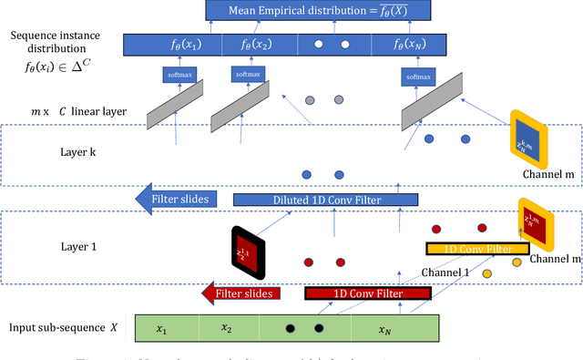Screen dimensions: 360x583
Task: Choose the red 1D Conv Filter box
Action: [366, 268]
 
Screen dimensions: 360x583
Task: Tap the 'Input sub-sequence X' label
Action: [58, 327]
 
